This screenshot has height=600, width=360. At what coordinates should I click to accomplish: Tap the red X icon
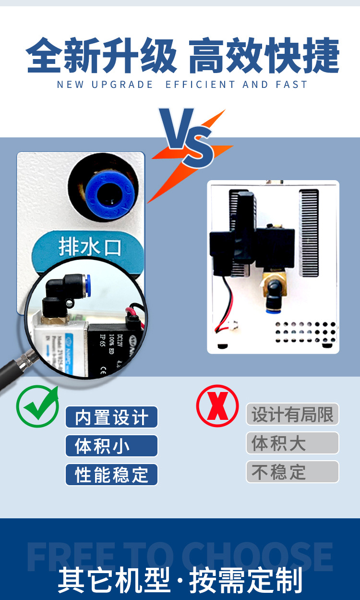(x=217, y=406)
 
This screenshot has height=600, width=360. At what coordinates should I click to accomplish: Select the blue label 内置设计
(x=111, y=417)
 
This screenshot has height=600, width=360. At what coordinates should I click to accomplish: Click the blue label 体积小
(x=111, y=446)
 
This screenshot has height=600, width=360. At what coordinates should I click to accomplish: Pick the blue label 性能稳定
(x=111, y=475)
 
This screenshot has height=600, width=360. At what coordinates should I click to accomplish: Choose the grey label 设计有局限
(x=292, y=414)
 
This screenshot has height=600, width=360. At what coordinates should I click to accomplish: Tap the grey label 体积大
(x=292, y=443)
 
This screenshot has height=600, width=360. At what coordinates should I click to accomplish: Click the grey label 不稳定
(x=292, y=472)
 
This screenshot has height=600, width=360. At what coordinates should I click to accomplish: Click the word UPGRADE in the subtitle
(x=122, y=85)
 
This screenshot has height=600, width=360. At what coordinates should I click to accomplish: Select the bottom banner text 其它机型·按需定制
(x=180, y=581)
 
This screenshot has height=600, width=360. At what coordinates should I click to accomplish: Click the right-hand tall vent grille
(x=309, y=233)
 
